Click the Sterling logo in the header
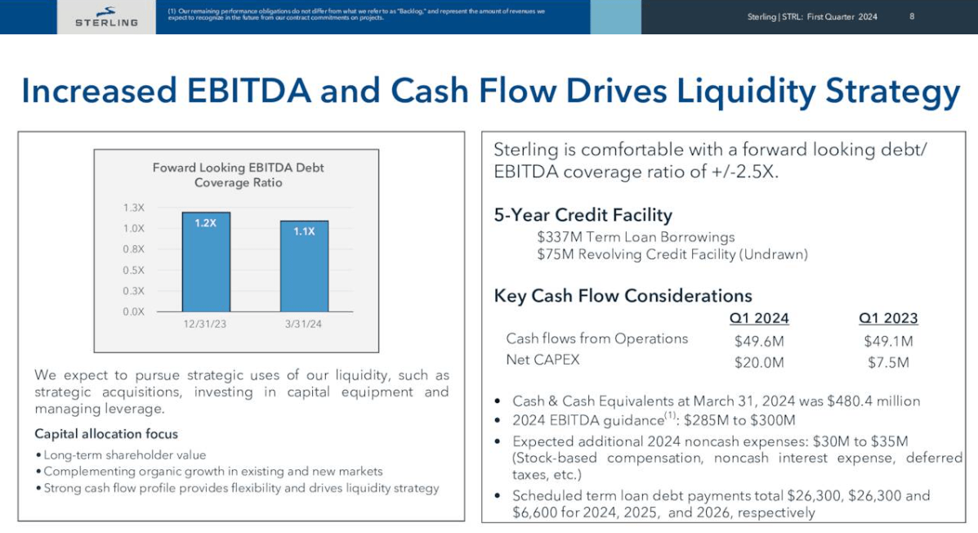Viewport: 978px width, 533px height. tap(106, 16)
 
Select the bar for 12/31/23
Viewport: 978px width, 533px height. tap(205, 262)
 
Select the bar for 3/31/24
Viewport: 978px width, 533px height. tap(304, 266)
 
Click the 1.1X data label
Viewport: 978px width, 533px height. tap(304, 231)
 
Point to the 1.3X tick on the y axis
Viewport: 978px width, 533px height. tap(133, 208)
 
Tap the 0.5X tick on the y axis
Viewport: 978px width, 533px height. tap(133, 270)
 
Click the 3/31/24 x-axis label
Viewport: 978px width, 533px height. tap(304, 325)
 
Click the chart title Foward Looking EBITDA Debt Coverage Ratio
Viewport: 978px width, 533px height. tap(238, 175)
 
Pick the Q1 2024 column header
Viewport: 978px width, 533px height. tap(758, 318)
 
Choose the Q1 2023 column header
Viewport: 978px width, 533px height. tap(888, 318)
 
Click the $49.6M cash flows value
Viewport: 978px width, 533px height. tap(759, 341)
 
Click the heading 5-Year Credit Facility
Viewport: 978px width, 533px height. tap(583, 215)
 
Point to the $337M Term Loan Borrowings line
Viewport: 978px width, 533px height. tap(636, 237)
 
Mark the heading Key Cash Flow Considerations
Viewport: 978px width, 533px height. tap(623, 295)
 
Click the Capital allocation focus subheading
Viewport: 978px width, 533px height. tap(106, 434)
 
